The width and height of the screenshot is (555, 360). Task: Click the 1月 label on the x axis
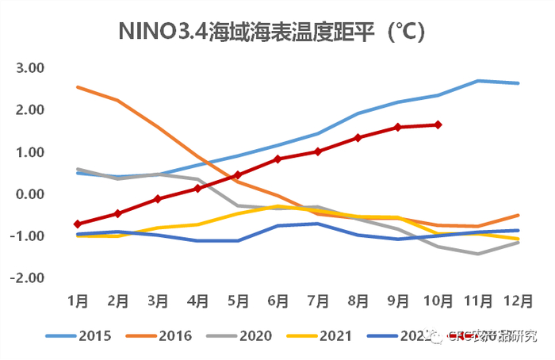pos(78,301)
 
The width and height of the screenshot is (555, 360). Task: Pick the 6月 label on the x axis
pos(277,301)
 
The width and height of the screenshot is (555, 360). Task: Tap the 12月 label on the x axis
pos(517,301)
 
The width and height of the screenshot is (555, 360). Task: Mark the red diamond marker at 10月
pos(438,124)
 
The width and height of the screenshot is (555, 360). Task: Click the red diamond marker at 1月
pos(78,224)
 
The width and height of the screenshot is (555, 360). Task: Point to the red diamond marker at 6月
pos(277,159)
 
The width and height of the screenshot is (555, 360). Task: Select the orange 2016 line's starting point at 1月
pos(78,87)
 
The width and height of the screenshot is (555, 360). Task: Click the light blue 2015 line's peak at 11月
pos(478,81)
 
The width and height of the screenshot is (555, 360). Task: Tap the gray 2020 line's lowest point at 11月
pos(478,254)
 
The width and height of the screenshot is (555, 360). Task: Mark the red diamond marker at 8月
pos(358,138)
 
